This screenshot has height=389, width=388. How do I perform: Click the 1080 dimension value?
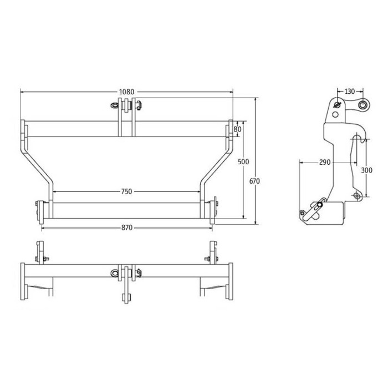point(127,92)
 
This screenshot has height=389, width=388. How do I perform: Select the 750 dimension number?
point(126,191)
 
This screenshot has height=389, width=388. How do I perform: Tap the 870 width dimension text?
point(126,228)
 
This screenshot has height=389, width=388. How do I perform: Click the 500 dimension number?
point(243,161)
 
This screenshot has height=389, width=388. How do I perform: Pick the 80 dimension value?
point(238,128)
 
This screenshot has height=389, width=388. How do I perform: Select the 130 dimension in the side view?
point(350,91)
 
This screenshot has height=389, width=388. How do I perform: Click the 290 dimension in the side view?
point(325,162)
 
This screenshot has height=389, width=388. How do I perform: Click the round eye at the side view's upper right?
point(363,105)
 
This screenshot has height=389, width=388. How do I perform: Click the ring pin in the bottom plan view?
point(115,272)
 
